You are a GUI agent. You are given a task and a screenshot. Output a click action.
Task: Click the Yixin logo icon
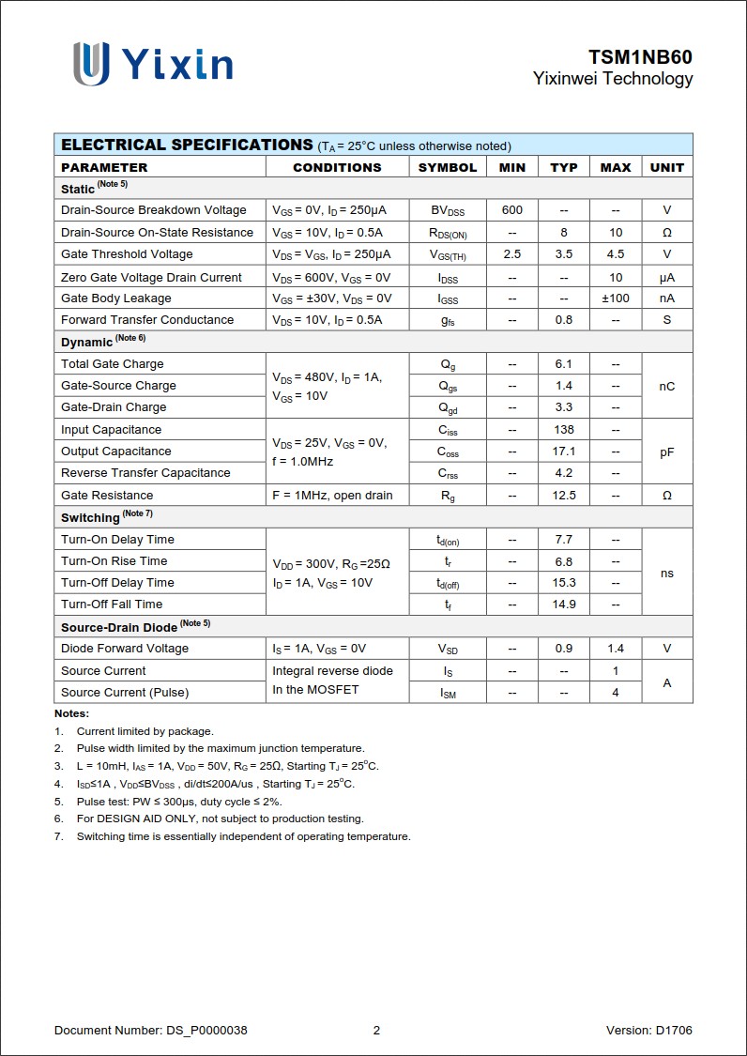tap(91, 63)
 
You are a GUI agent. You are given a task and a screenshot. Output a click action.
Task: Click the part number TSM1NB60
tap(640, 56)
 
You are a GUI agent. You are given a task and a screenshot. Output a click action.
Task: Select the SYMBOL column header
tap(447, 167)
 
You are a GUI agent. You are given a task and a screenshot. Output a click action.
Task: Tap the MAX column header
tap(615, 167)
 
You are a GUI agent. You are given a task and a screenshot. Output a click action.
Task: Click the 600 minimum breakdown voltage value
tap(512, 209)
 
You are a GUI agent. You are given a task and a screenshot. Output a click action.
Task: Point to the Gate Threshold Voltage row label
tap(127, 253)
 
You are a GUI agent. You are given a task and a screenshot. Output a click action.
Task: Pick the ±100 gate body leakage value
tap(615, 298)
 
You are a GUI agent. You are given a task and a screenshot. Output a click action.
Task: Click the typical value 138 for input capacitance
tap(563, 429)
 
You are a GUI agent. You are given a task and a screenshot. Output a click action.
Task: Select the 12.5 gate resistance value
tap(563, 495)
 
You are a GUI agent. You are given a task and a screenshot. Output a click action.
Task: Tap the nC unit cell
tap(666, 386)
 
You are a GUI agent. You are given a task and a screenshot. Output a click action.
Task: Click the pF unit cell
tap(666, 451)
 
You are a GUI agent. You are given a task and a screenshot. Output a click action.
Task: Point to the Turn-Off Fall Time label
tap(112, 604)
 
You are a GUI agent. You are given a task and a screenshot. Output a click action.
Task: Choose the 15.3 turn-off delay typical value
tap(563, 582)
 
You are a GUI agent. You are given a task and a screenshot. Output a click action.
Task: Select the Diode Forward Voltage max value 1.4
tap(615, 648)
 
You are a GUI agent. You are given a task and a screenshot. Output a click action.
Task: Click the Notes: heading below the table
tap(71, 713)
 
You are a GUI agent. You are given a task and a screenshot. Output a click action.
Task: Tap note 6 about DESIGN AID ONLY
tap(220, 819)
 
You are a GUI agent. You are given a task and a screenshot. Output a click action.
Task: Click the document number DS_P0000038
tap(151, 1030)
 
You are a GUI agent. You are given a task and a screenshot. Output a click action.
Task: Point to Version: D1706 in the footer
tap(648, 1030)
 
